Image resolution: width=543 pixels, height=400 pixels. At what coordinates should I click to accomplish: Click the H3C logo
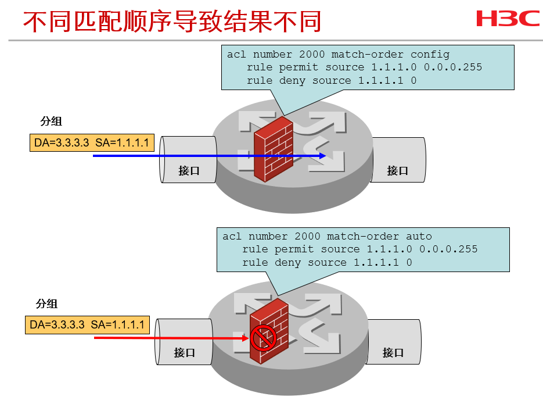click(x=508, y=19)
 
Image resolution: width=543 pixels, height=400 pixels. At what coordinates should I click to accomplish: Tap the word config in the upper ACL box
click(x=430, y=55)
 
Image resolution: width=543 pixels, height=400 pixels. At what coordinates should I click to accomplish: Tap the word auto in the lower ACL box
click(x=419, y=237)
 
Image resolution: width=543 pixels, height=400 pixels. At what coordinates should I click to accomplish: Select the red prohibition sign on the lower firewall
click(x=262, y=337)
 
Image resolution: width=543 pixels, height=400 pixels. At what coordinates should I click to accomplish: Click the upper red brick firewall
click(x=274, y=149)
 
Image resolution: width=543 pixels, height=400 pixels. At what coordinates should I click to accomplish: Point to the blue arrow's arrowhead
click(x=322, y=156)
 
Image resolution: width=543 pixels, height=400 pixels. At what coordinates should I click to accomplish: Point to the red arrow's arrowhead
click(x=246, y=337)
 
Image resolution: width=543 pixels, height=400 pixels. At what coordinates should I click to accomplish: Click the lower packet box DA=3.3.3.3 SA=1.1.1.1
click(x=87, y=324)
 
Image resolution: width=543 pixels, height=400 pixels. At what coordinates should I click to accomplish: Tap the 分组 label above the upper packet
click(x=51, y=122)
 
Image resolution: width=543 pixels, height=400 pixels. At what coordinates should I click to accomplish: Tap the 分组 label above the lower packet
click(x=46, y=303)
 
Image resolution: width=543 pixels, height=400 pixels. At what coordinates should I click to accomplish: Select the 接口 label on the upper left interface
click(x=189, y=171)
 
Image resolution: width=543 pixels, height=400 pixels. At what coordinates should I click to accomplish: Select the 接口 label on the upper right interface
click(x=398, y=171)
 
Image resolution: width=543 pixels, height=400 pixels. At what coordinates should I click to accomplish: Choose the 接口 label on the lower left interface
click(x=184, y=352)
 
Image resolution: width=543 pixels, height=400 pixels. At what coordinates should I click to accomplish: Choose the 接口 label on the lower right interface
click(x=393, y=352)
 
